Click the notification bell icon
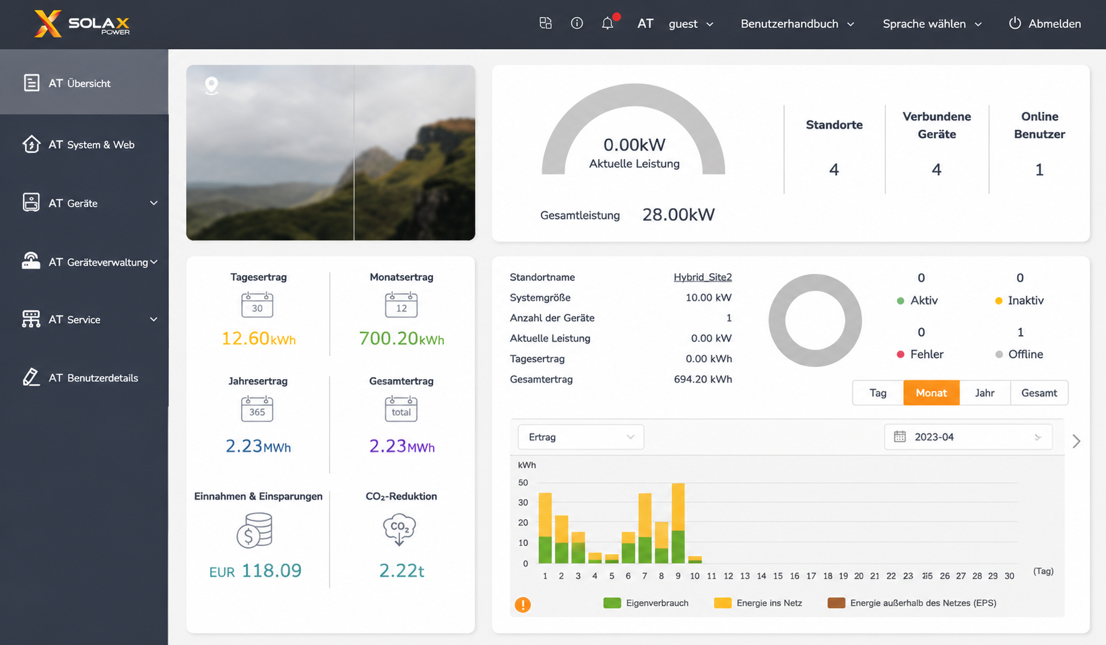(x=608, y=23)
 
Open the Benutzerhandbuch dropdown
(x=797, y=24)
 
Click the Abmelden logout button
(x=1045, y=24)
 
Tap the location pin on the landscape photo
(x=212, y=86)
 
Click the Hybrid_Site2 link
(x=703, y=277)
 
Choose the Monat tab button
(x=932, y=393)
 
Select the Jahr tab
(x=985, y=393)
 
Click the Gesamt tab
(x=1039, y=393)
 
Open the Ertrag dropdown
(x=581, y=437)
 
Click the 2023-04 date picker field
(x=968, y=437)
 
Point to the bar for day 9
(x=678, y=523)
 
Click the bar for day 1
(x=545, y=528)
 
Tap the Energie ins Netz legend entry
(x=758, y=603)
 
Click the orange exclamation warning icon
(x=523, y=605)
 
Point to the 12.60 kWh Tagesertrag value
(x=258, y=339)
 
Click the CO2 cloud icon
(x=399, y=529)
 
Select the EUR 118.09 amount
(x=255, y=570)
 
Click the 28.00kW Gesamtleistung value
(x=678, y=215)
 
